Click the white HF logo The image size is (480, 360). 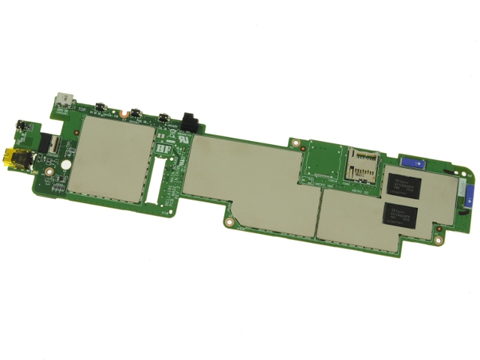click(163, 148)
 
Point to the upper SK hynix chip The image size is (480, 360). click(405, 184)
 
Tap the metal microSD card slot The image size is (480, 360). click(359, 166)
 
